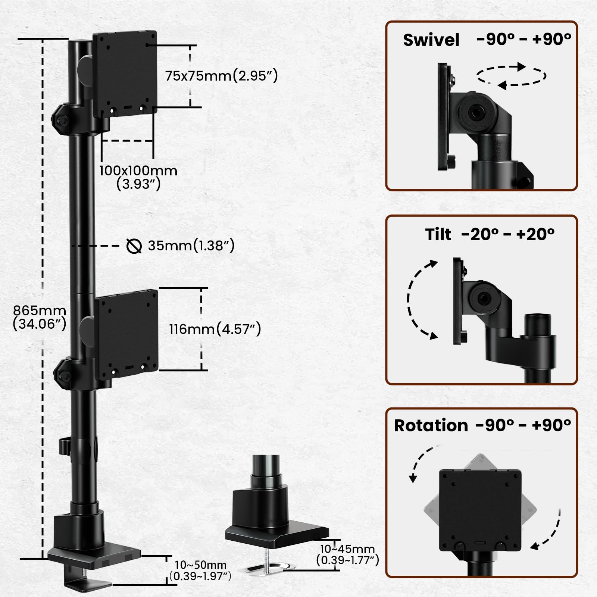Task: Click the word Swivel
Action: (431, 40)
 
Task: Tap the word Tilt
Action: (438, 235)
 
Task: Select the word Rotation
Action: (431, 426)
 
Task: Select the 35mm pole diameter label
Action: (191, 246)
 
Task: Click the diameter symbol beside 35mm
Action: (134, 246)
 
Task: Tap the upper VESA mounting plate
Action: (125, 73)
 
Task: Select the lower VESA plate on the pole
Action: (127, 331)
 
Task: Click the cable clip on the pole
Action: (64, 446)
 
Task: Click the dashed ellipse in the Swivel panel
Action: (511, 76)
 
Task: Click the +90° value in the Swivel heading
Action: (552, 39)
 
